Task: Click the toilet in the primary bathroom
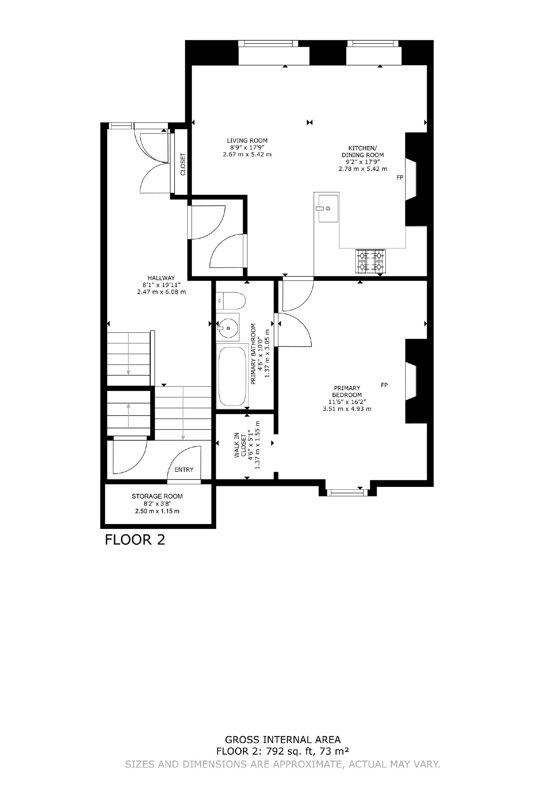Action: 231,301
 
